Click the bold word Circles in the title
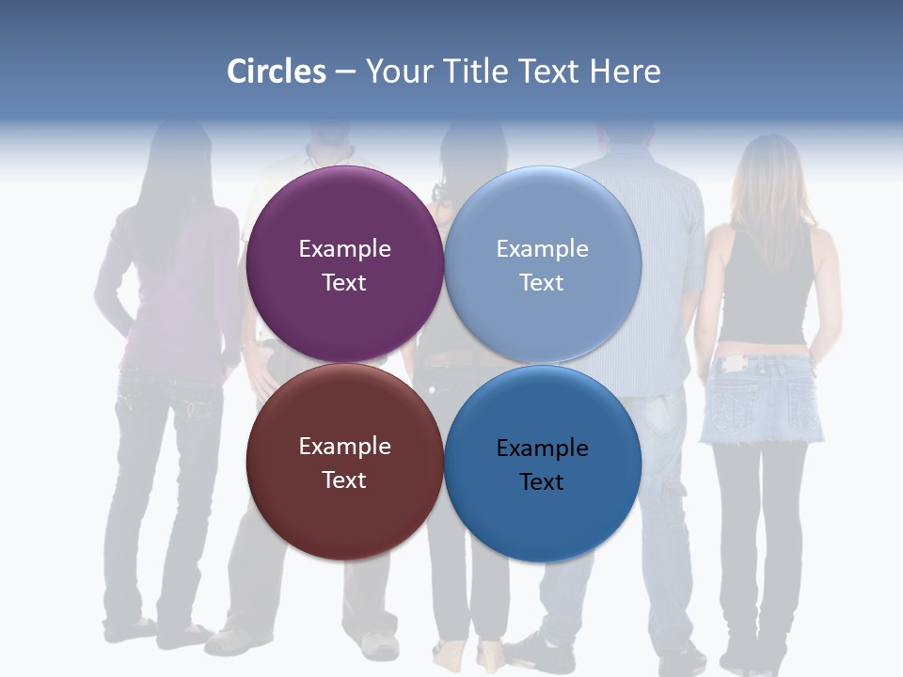pos(277,71)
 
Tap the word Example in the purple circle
pos(344,249)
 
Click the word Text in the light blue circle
pos(542,283)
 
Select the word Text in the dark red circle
pos(344,480)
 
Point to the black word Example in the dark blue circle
pos(542,449)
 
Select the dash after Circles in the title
pos(345,71)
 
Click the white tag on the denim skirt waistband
pos(730,363)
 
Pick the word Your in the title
pos(392,71)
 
